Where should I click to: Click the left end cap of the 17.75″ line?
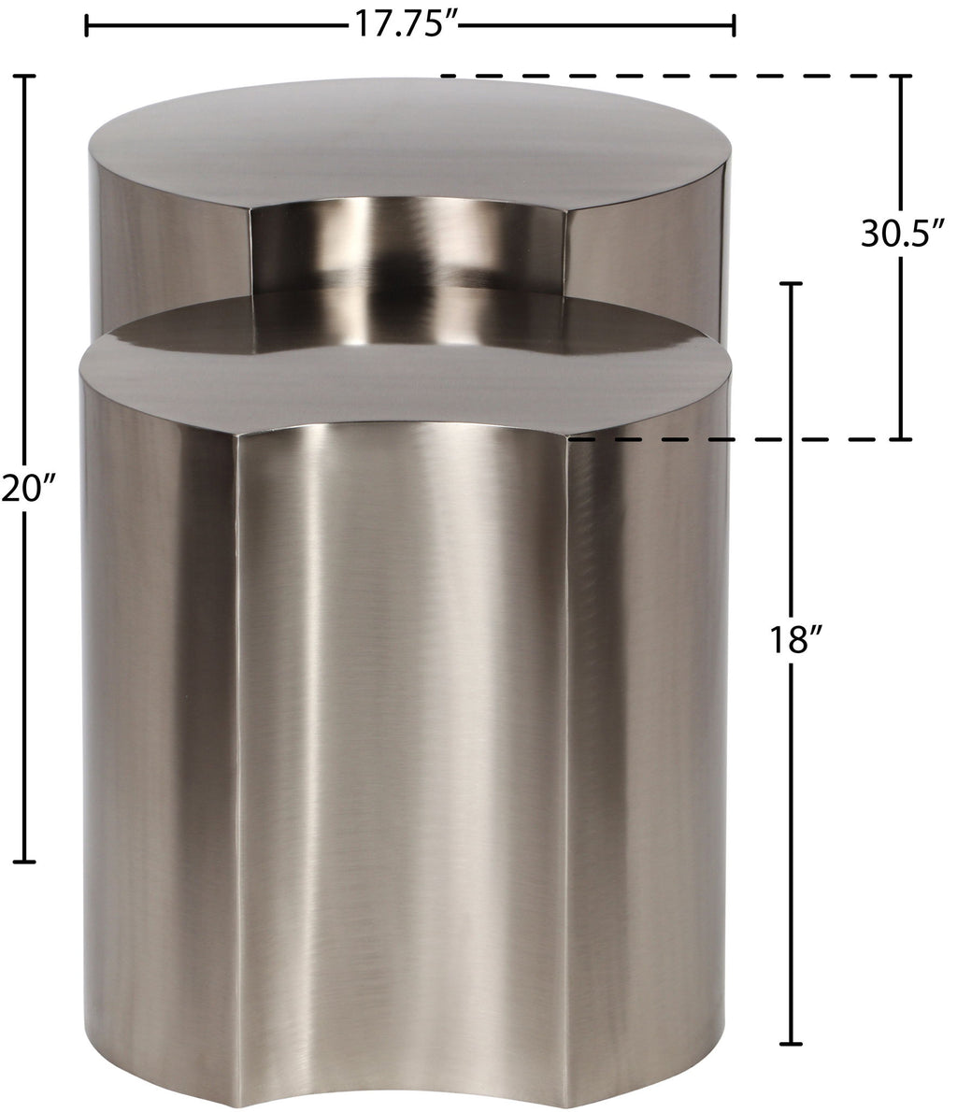[x=87, y=25]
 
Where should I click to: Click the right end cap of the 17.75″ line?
[x=734, y=25]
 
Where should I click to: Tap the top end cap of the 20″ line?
[x=25, y=76]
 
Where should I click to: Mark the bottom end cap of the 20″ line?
[x=25, y=862]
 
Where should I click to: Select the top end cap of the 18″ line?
[x=791, y=284]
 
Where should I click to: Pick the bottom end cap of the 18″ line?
[x=791, y=1044]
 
